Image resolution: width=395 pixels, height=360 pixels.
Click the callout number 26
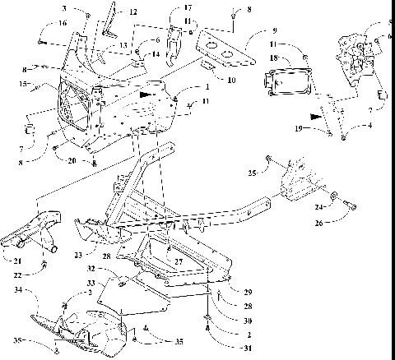pyautogui.click(x=320, y=221)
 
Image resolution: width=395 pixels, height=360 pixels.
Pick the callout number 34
pyautogui.click(x=19, y=288)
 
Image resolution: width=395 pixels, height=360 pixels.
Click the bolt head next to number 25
pyautogui.click(x=269, y=159)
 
